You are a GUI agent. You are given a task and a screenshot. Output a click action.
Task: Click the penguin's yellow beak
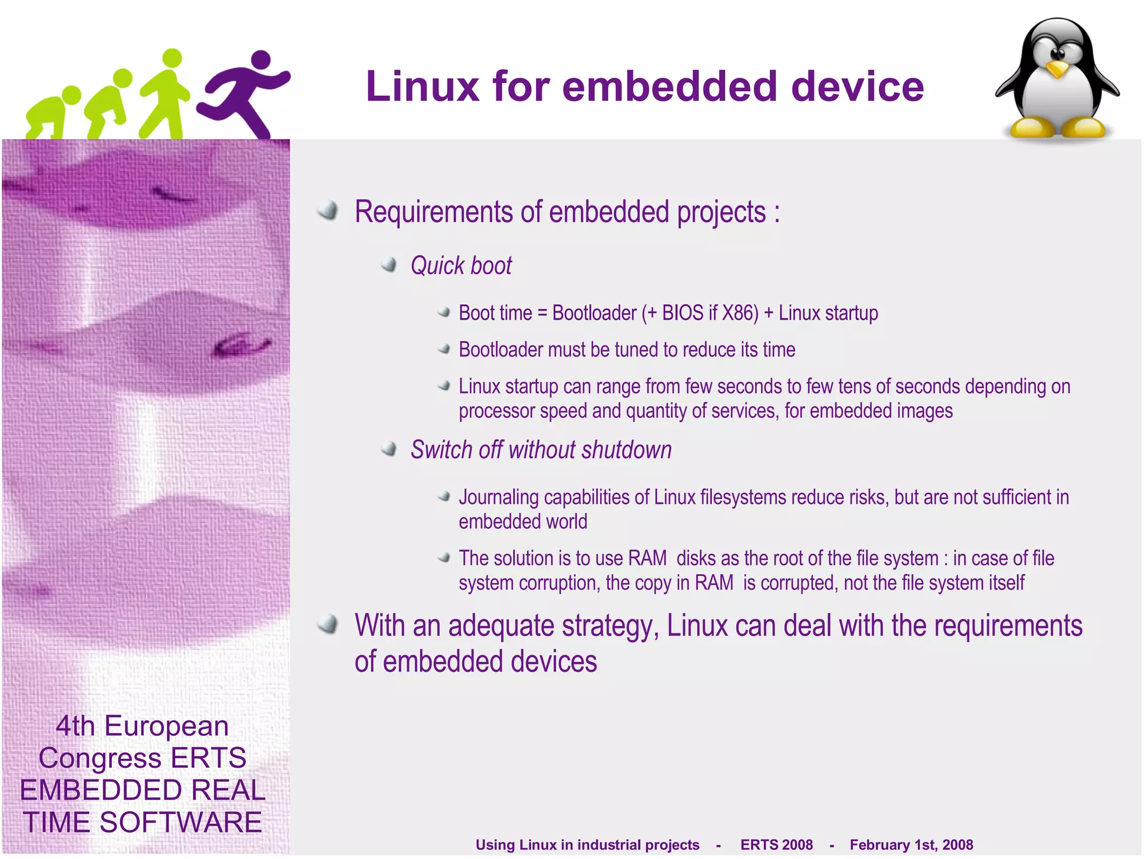(1057, 70)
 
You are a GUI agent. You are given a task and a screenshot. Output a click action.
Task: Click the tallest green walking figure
(166, 95)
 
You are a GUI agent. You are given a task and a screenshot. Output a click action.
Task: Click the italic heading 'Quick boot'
(461, 266)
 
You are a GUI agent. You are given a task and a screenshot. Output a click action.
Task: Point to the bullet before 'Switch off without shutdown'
(389, 449)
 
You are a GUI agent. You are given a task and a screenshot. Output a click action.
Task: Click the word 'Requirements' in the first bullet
(434, 212)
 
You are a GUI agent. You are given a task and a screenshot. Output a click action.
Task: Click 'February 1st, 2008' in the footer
(911, 844)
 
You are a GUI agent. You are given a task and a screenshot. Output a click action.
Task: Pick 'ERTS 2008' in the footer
(776, 844)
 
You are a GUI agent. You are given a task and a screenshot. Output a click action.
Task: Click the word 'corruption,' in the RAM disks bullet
(560, 583)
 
